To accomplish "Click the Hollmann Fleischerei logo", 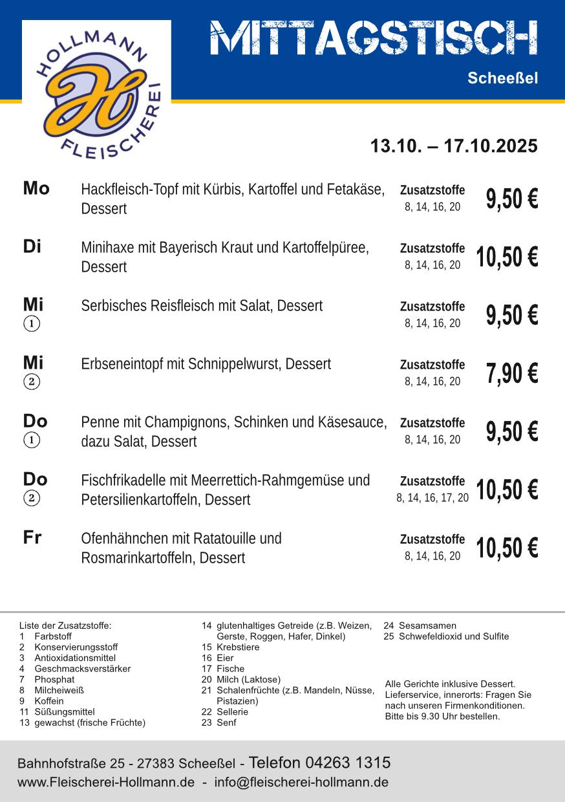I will [x=96, y=91].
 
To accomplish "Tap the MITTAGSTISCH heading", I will [x=374, y=38].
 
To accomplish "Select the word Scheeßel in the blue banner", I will [x=502, y=79].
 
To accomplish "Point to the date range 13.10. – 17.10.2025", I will [x=453, y=146].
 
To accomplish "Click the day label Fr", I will [x=32, y=538].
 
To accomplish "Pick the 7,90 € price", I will [x=511, y=374].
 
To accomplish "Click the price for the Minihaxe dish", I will [x=507, y=257].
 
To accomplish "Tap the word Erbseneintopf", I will [x=122, y=364].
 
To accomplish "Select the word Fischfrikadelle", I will [x=124, y=481].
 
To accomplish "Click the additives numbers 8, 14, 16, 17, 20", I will [x=432, y=498].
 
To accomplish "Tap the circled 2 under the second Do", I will [x=32, y=498].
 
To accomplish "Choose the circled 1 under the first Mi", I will [x=32, y=323].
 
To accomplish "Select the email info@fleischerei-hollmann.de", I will [x=301, y=783].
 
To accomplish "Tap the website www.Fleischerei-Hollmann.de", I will [x=106, y=783].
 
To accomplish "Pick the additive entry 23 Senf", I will [x=219, y=723].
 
